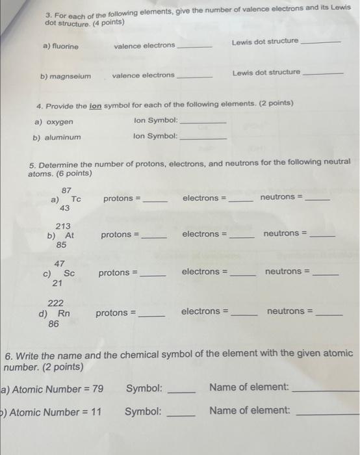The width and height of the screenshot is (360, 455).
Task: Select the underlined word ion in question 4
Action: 96,104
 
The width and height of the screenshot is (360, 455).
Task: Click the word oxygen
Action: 60,122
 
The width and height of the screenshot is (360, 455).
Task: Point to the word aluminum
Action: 64,137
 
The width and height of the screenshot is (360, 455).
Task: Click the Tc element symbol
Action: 76,199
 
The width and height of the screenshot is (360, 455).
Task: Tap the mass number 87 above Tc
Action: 66,189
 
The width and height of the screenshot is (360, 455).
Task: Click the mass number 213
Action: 63,226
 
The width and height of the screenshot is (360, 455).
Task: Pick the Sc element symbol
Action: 69,274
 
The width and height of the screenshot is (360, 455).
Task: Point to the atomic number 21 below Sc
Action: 57,284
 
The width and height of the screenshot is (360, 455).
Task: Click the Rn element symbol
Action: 64,313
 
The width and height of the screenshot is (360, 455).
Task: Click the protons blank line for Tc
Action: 155,201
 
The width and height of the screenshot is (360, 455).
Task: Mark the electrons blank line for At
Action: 242,237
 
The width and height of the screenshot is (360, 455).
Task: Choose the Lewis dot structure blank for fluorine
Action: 322,43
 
